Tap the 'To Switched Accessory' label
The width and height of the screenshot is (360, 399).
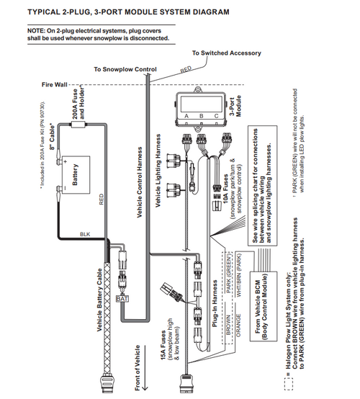[227, 53]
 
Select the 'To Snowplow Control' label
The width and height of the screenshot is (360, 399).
[125, 69]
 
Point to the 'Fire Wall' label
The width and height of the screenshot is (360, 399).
[54, 84]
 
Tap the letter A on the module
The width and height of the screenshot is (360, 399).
[186, 115]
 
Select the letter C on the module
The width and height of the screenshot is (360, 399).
[217, 115]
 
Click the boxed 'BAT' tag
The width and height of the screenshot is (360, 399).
[122, 297]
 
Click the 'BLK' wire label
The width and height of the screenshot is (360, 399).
[85, 234]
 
